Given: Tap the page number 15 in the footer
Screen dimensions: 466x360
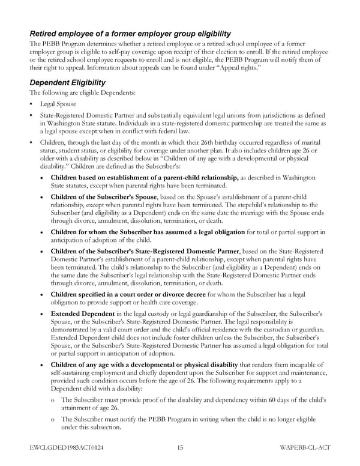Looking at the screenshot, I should pos(180,448).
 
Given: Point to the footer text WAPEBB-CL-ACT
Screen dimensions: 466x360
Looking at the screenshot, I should pos(305,448).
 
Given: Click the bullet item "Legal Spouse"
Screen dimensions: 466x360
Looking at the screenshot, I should pos(58,104).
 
